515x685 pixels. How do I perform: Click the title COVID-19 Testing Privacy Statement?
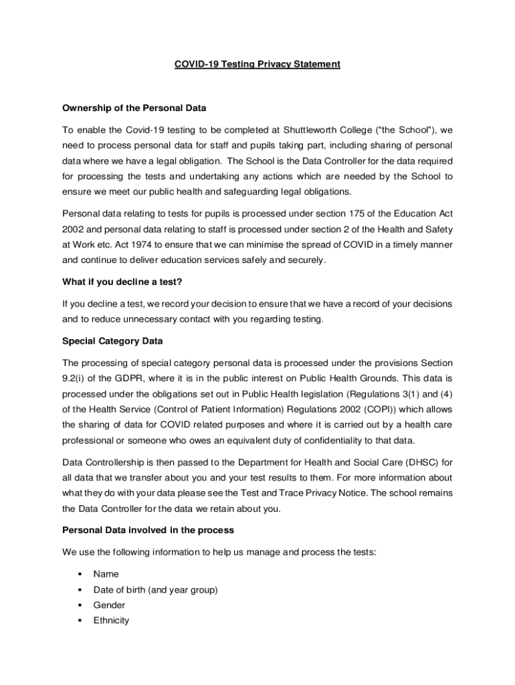point(257,64)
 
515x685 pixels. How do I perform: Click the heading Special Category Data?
point(112,340)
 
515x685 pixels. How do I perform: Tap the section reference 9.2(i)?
point(75,378)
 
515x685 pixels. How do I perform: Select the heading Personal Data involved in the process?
point(148,530)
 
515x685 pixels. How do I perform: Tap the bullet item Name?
point(106,574)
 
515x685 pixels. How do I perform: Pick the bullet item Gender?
point(109,605)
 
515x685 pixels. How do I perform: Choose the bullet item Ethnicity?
point(111,620)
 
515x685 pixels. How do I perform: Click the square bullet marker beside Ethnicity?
point(80,620)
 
